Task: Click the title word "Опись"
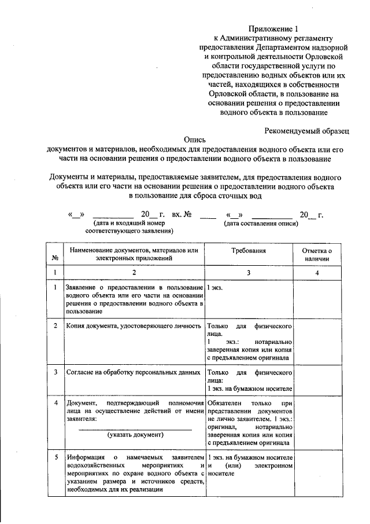click(x=194, y=139)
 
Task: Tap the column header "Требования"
click(x=249, y=251)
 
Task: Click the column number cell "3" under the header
click(x=249, y=272)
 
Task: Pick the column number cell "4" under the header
click(x=317, y=272)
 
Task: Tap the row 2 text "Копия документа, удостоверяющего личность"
click(x=134, y=326)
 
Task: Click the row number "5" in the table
click(x=55, y=457)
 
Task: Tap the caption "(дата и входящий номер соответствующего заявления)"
click(x=129, y=226)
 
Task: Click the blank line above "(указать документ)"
click(x=135, y=428)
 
